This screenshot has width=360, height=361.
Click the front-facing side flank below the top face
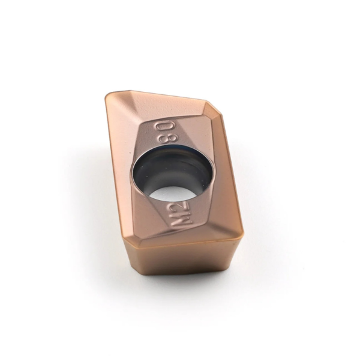tap(180, 264)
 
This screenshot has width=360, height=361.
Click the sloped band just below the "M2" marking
tap(186, 237)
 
